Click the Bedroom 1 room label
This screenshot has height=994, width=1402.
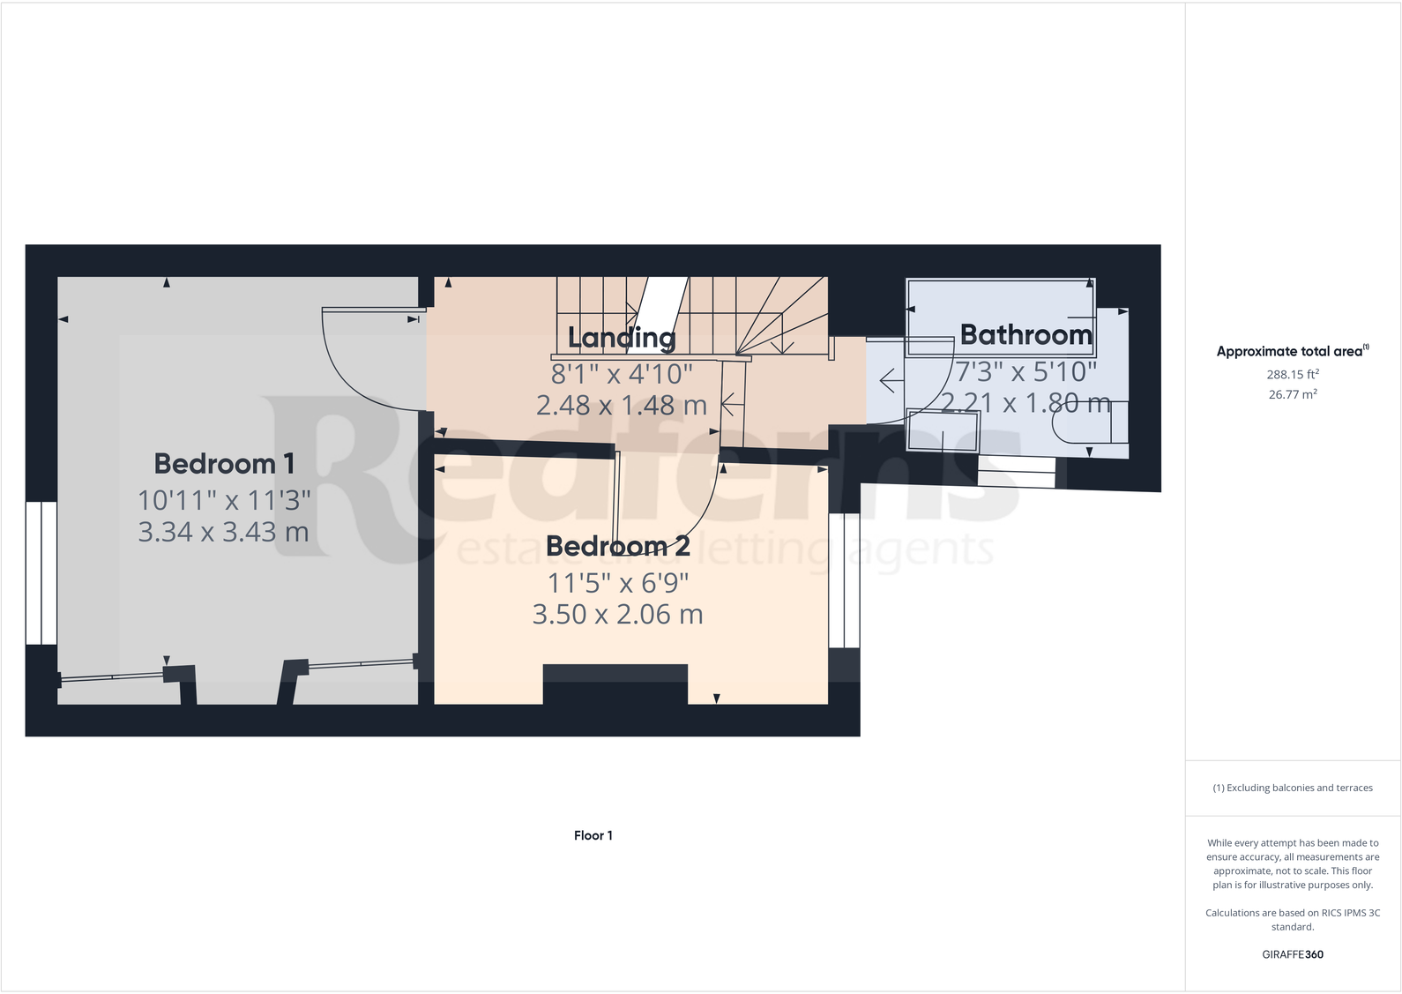224,464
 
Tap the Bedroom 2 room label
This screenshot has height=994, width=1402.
617,547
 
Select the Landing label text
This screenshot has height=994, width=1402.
622,338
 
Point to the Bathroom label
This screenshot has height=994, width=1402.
1025,335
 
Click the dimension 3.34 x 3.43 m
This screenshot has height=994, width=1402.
223,533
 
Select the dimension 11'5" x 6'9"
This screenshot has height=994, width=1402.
617,583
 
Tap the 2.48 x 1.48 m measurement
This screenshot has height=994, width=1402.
621,406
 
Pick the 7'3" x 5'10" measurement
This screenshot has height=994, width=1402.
1025,372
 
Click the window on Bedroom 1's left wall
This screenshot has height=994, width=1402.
41,573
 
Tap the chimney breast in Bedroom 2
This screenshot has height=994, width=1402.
615,684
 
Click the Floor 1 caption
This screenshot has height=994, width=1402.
593,835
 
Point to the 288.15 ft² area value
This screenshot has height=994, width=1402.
1292,375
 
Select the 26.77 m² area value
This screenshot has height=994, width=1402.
1292,395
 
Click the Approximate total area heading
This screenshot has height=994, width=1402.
1292,351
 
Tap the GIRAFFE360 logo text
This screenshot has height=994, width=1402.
1292,954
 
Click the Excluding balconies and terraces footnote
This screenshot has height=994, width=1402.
1292,788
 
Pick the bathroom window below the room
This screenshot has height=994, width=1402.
1016,473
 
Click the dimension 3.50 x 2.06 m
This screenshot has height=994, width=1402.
617,615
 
